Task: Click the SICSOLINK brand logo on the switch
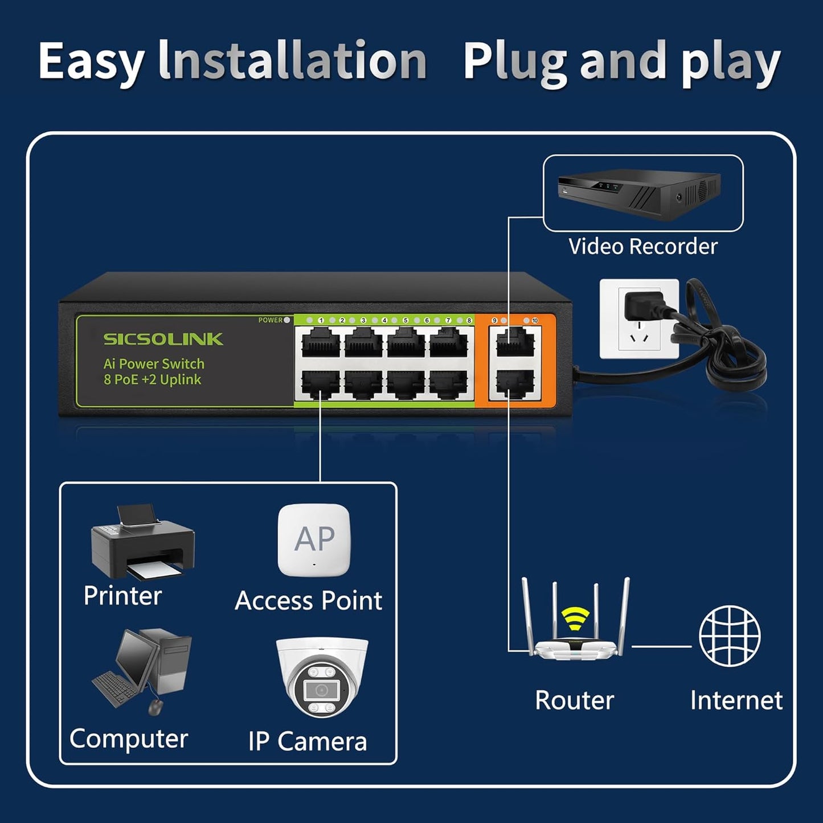163,339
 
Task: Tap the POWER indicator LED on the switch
287,320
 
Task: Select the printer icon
142,541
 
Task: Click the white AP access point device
314,540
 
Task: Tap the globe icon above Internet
730,636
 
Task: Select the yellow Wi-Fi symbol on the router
575,619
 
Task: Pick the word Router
574,700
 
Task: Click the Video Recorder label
642,247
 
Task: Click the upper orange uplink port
515,343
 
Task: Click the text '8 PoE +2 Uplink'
152,380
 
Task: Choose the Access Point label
308,601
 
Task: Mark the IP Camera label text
308,741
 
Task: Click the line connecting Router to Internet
661,646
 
